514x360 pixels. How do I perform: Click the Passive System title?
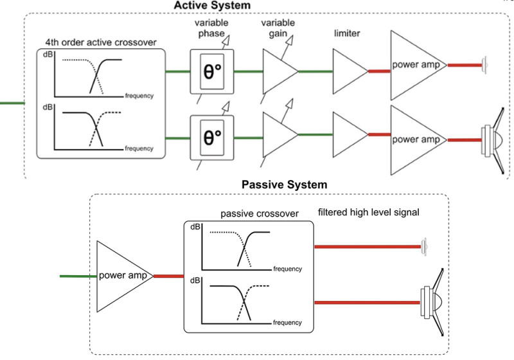pyautogui.click(x=284, y=184)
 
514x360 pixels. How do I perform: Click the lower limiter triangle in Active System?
pyautogui.click(x=348, y=135)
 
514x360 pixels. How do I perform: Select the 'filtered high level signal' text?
pyautogui.click(x=368, y=212)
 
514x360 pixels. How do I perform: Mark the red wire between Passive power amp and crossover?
pyautogui.click(x=168, y=276)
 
